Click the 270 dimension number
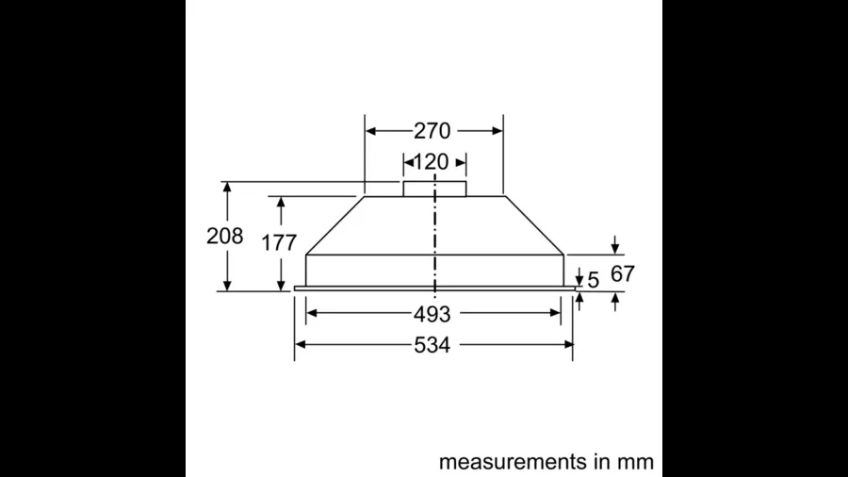coord(432,131)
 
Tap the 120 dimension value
coord(432,161)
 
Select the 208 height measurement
coord(224,237)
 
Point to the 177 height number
coord(280,242)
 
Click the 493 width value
coord(432,314)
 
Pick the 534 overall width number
coord(432,345)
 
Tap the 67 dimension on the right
coord(623,274)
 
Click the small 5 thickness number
coord(593,279)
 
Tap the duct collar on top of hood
coord(434,188)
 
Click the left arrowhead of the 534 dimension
coord(301,344)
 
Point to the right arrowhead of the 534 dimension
coord(568,344)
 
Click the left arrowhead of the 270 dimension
coord(370,131)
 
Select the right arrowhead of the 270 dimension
coord(497,131)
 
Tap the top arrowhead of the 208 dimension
coord(227,188)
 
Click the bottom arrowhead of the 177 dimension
coord(281,285)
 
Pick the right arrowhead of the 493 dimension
coord(558,314)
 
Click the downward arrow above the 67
coord(615,248)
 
